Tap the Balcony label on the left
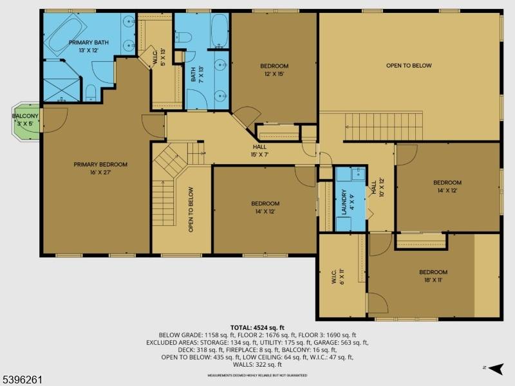[x=26, y=120]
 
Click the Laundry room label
[x=344, y=201]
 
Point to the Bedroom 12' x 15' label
[x=274, y=69]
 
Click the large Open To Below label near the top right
[x=408, y=66]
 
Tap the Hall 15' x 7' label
[x=259, y=151]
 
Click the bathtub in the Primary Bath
[x=65, y=28]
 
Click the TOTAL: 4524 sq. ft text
[x=257, y=327]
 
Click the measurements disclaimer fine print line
[x=257, y=375]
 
